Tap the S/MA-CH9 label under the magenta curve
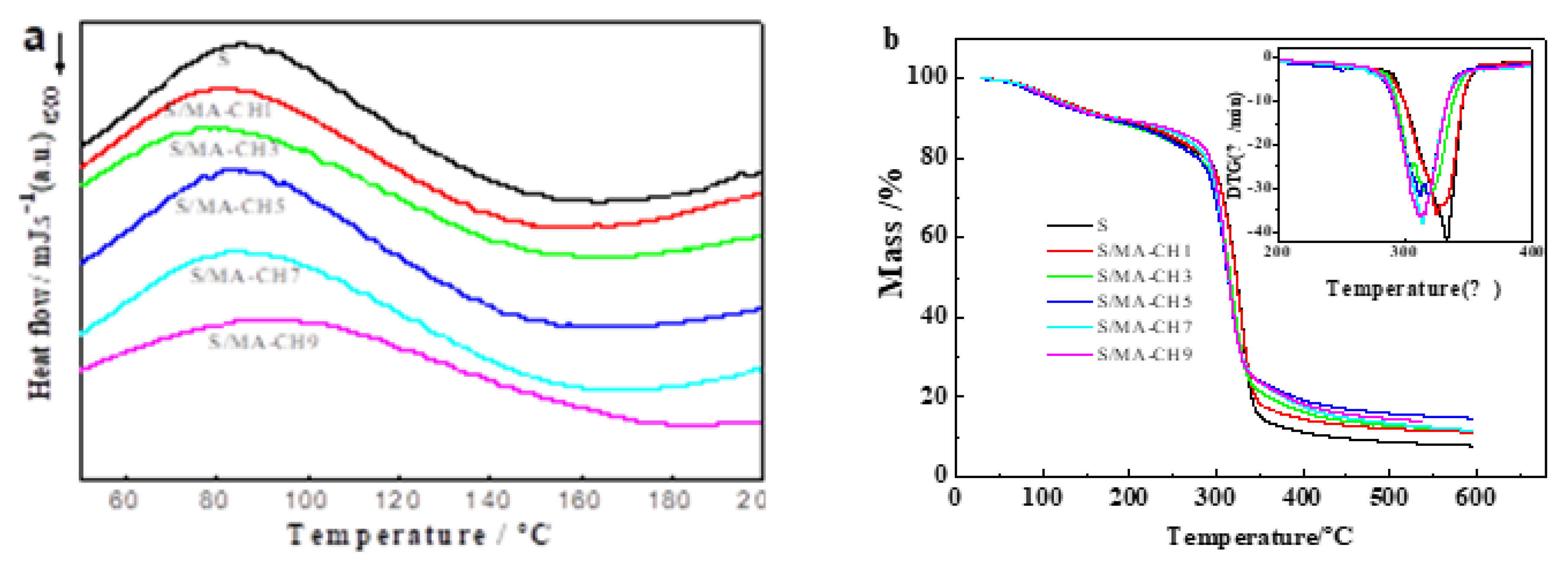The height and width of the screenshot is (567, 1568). [x=263, y=341]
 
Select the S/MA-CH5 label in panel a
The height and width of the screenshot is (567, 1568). [x=230, y=206]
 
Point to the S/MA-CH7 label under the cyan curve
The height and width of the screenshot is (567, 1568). [x=245, y=276]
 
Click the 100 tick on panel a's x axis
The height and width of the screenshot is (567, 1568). [x=306, y=500]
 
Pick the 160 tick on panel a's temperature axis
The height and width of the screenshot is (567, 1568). [x=579, y=500]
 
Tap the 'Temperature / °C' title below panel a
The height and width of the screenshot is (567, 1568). [x=419, y=535]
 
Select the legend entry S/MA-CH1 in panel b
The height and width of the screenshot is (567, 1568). [x=1143, y=250]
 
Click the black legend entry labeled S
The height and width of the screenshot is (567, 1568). [x=1102, y=225]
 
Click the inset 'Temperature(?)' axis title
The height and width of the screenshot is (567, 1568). [x=1413, y=288]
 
